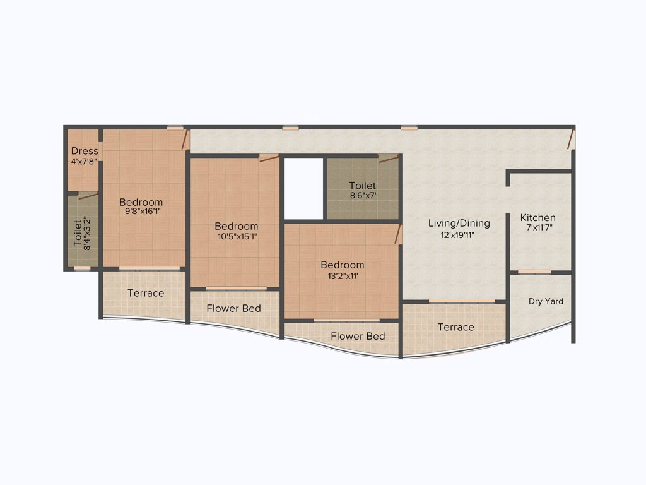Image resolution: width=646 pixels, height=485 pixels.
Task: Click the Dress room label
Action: click(x=85, y=151)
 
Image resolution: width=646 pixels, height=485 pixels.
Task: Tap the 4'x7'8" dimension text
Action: click(x=85, y=161)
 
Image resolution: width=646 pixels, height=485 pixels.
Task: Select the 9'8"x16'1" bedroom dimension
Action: click(x=144, y=212)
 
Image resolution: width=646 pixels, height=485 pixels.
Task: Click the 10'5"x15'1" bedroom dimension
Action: click(x=236, y=236)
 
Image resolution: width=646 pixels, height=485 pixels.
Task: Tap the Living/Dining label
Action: click(x=459, y=223)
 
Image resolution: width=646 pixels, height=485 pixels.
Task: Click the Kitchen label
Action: click(x=537, y=218)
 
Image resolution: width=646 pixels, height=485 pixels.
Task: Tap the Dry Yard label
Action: click(x=546, y=302)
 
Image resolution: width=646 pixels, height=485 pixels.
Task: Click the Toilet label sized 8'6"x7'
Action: click(x=363, y=186)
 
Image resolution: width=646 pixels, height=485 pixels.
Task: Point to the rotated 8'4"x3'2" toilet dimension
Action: click(x=88, y=234)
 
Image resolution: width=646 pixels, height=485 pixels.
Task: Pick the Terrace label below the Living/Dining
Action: click(x=455, y=327)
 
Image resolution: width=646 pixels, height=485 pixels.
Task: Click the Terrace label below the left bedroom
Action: click(x=146, y=293)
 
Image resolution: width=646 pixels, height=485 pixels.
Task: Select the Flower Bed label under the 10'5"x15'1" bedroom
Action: click(x=234, y=308)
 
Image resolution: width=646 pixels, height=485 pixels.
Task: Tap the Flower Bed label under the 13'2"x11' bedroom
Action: click(x=358, y=337)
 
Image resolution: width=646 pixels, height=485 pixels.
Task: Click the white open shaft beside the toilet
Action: click(x=303, y=188)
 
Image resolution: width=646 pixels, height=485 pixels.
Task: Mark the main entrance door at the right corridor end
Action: click(x=570, y=140)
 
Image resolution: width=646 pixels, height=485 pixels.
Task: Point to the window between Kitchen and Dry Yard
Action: click(x=534, y=272)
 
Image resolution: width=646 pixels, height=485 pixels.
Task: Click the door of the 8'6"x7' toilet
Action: click(x=387, y=159)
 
